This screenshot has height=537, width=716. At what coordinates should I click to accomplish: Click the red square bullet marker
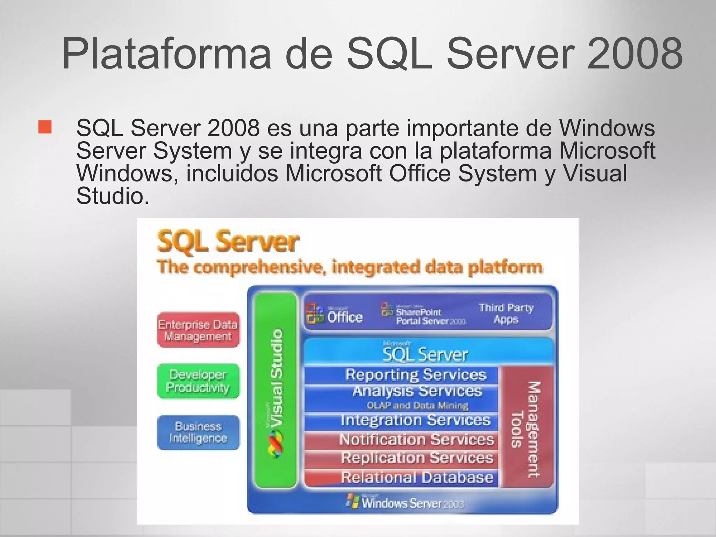pyautogui.click(x=45, y=127)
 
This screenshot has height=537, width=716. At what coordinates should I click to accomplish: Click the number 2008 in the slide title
pyautogui.click(x=635, y=53)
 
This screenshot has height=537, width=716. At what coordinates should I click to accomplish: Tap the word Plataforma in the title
pyautogui.click(x=166, y=53)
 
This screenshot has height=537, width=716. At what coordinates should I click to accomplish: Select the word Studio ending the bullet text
pyautogui.click(x=113, y=196)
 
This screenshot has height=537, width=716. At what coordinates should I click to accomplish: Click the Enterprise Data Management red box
pyautogui.click(x=198, y=330)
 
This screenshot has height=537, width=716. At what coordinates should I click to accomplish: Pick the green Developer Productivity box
pyautogui.click(x=198, y=381)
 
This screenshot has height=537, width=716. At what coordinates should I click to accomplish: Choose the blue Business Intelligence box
pyautogui.click(x=198, y=432)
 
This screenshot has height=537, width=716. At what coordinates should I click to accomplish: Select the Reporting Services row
pyautogui.click(x=416, y=375)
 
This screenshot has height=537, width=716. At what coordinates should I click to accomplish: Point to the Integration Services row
pyautogui.click(x=416, y=420)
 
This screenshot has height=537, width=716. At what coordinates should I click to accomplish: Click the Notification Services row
pyautogui.click(x=416, y=439)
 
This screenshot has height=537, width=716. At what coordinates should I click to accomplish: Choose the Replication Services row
pyautogui.click(x=417, y=458)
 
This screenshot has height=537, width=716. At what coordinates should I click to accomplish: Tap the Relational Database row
pyautogui.click(x=417, y=477)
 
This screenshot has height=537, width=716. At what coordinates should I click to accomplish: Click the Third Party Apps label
pyautogui.click(x=506, y=313)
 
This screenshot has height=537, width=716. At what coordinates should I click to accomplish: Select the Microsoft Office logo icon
pyautogui.click(x=315, y=313)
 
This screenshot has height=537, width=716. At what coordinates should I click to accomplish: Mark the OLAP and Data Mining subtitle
pyautogui.click(x=417, y=406)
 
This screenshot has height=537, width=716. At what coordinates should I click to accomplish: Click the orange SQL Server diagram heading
pyautogui.click(x=228, y=241)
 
